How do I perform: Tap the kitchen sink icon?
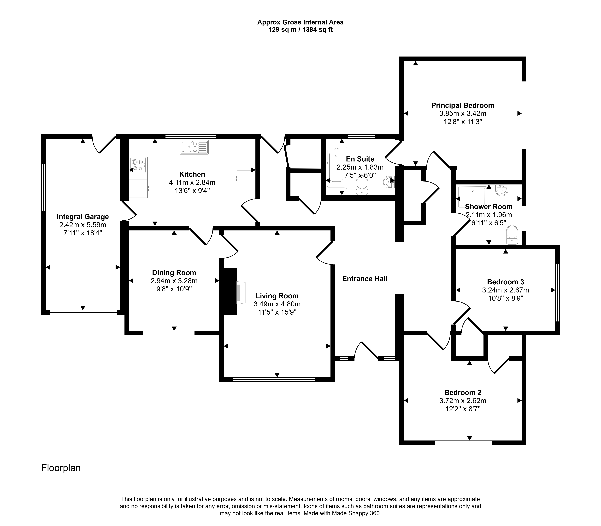tap(194, 147)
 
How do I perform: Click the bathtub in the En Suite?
tap(337, 167)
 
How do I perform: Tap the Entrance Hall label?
tap(365, 279)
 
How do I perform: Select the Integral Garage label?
tap(83, 217)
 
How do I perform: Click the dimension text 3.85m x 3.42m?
tap(463, 113)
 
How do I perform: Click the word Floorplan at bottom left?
tap(61, 468)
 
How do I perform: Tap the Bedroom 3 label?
tap(505, 282)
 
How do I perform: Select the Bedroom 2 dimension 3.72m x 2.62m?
tap(463, 400)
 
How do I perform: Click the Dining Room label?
tap(174, 273)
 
